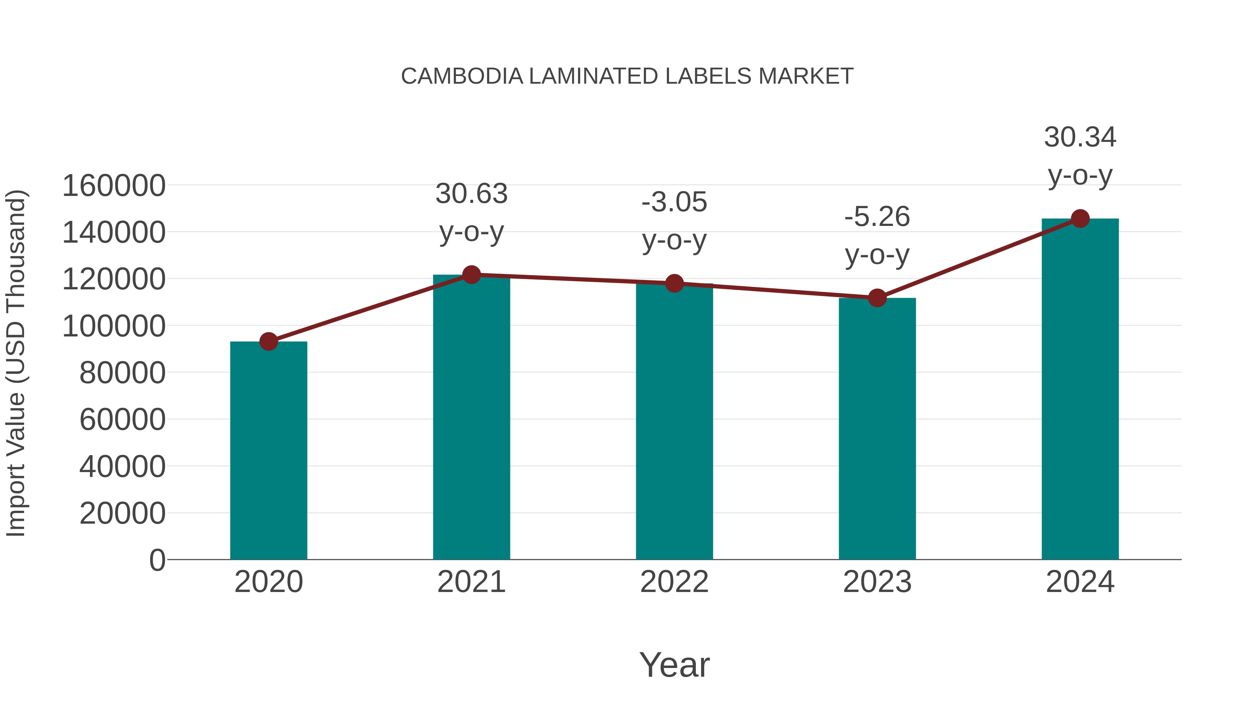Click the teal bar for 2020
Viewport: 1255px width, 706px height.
tap(268, 451)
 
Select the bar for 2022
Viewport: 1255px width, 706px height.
tap(674, 422)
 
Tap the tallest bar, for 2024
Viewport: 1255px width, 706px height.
tap(1080, 390)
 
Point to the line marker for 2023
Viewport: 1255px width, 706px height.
tap(877, 298)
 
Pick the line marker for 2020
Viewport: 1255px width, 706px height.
tap(268, 342)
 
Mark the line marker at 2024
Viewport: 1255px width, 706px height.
tap(1080, 219)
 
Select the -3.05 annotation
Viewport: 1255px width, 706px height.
tap(674, 202)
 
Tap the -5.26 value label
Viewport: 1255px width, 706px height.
tap(877, 217)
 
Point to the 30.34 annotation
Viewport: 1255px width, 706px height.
tap(1080, 137)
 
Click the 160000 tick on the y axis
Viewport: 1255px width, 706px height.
tap(114, 186)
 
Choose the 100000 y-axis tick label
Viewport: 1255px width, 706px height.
tap(114, 326)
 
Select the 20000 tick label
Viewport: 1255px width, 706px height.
tap(122, 514)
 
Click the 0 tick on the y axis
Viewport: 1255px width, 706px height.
tap(157, 560)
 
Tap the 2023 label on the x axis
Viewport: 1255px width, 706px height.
tap(877, 582)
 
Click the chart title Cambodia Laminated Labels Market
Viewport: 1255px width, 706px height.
tap(627, 76)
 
